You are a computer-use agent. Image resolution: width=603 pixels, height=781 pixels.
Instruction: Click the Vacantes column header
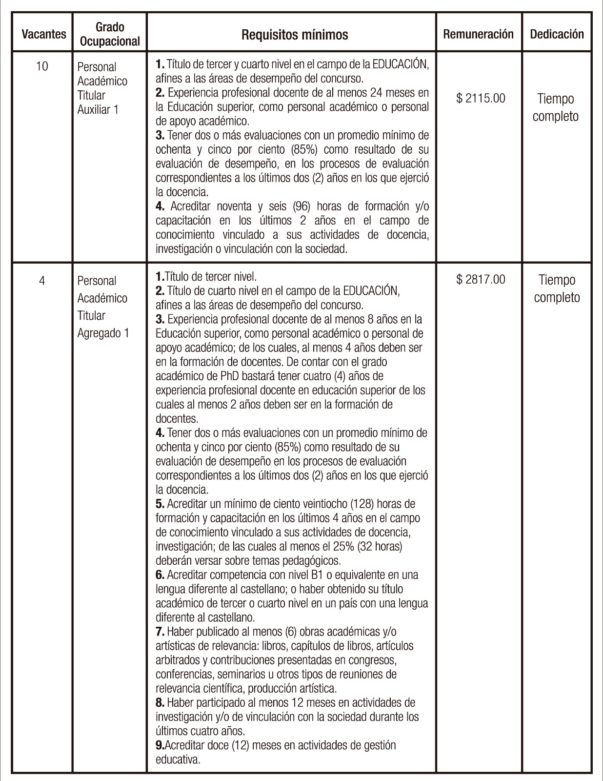44,34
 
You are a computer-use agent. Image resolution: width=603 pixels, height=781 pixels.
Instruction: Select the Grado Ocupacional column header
110,34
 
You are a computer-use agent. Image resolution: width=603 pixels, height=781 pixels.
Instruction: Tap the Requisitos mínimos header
295,35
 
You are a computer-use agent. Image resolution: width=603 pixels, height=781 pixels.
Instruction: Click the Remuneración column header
478,34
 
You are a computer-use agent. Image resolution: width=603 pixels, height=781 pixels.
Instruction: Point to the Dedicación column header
557,34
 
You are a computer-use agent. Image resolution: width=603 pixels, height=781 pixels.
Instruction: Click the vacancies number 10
42,66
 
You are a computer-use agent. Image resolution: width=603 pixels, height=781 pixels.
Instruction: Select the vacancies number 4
42,281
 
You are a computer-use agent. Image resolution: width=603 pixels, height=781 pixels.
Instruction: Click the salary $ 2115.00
481,99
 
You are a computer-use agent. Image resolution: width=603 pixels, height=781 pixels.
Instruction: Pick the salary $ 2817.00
481,280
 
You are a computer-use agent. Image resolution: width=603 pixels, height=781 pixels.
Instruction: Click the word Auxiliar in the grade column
93,109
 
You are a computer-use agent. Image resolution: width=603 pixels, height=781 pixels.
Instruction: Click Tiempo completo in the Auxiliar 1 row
555,107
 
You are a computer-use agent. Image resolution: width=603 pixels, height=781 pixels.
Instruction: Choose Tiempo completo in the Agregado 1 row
557,288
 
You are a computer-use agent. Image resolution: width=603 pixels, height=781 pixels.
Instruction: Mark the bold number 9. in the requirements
160,745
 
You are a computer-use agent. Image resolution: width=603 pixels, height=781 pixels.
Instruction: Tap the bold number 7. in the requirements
160,632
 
